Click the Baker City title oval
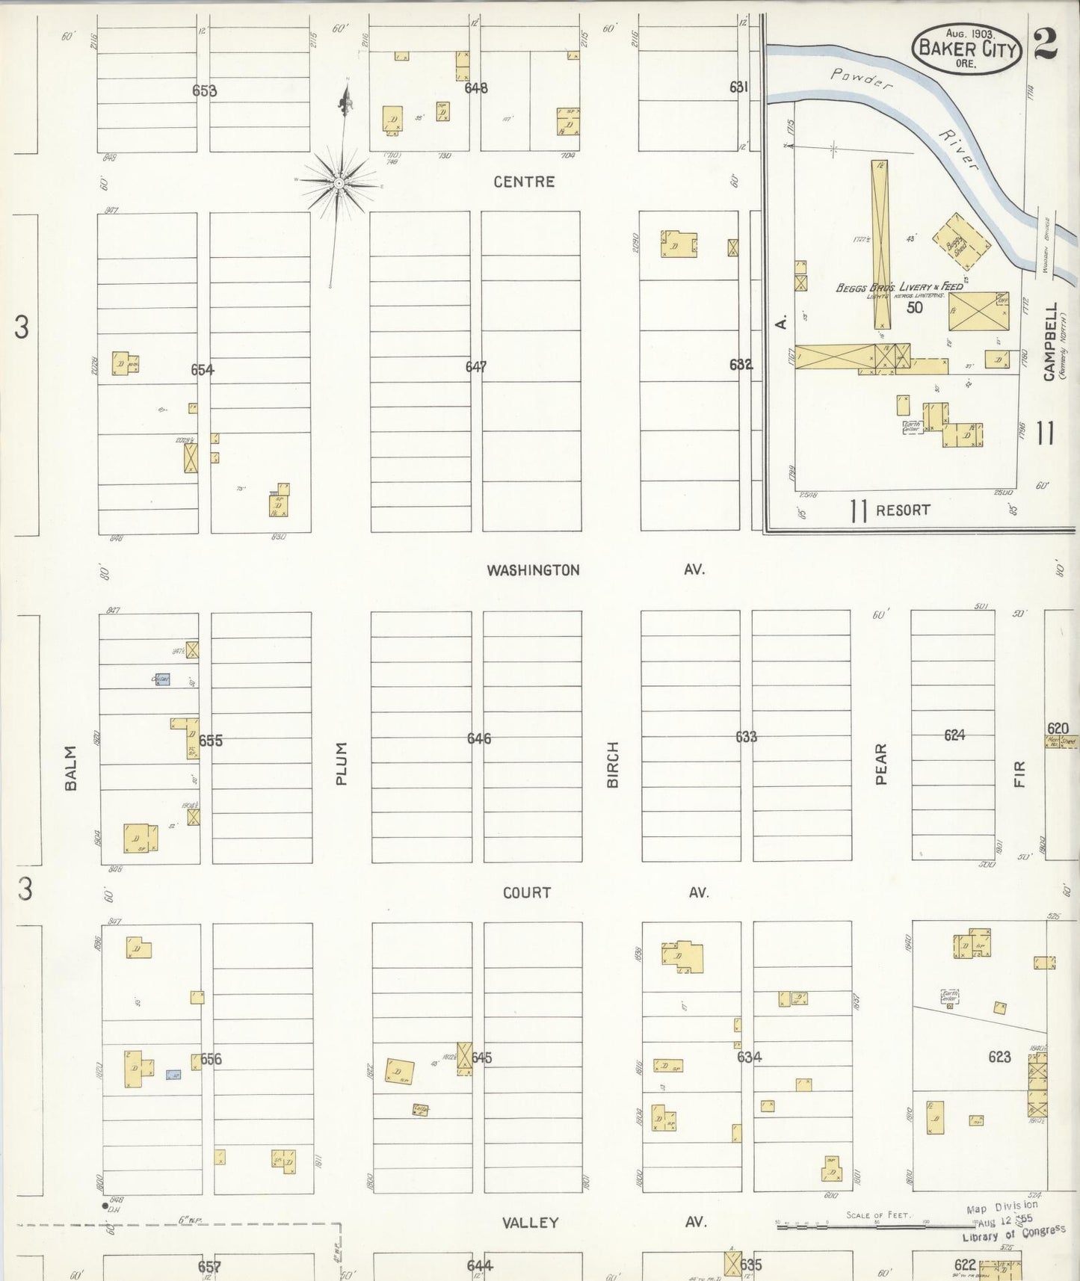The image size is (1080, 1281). (966, 49)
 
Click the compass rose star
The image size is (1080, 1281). (340, 182)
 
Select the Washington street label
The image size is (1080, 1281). (533, 570)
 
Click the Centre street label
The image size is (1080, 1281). (524, 182)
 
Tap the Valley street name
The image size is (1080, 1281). (530, 1223)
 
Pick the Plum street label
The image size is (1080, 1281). (342, 763)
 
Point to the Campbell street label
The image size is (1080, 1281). (1051, 342)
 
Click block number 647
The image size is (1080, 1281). (475, 367)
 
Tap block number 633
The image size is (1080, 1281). (746, 737)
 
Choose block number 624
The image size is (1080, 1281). (954, 735)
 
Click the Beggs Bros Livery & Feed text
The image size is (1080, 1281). (898, 287)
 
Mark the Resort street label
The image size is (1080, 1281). (903, 510)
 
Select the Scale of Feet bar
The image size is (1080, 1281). (874, 1226)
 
